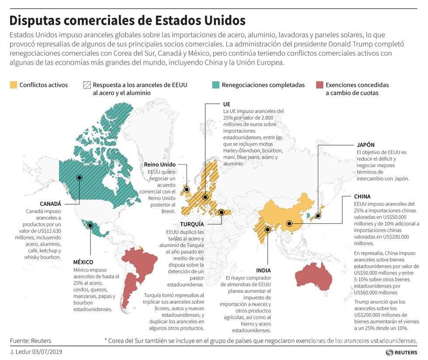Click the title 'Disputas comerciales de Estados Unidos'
(127, 21)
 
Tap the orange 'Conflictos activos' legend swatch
(13, 85)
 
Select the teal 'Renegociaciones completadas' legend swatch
(215, 85)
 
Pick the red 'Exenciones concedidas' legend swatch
(319, 85)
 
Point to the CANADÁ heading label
(50, 204)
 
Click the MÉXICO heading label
(83, 262)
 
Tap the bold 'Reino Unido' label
(160, 165)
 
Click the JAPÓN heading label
(365, 145)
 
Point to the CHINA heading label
(362, 197)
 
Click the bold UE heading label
(226, 104)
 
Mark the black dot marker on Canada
(79, 178)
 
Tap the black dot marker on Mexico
(90, 226)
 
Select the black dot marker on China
(289, 224)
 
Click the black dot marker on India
(267, 229)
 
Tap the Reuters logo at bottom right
(401, 352)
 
